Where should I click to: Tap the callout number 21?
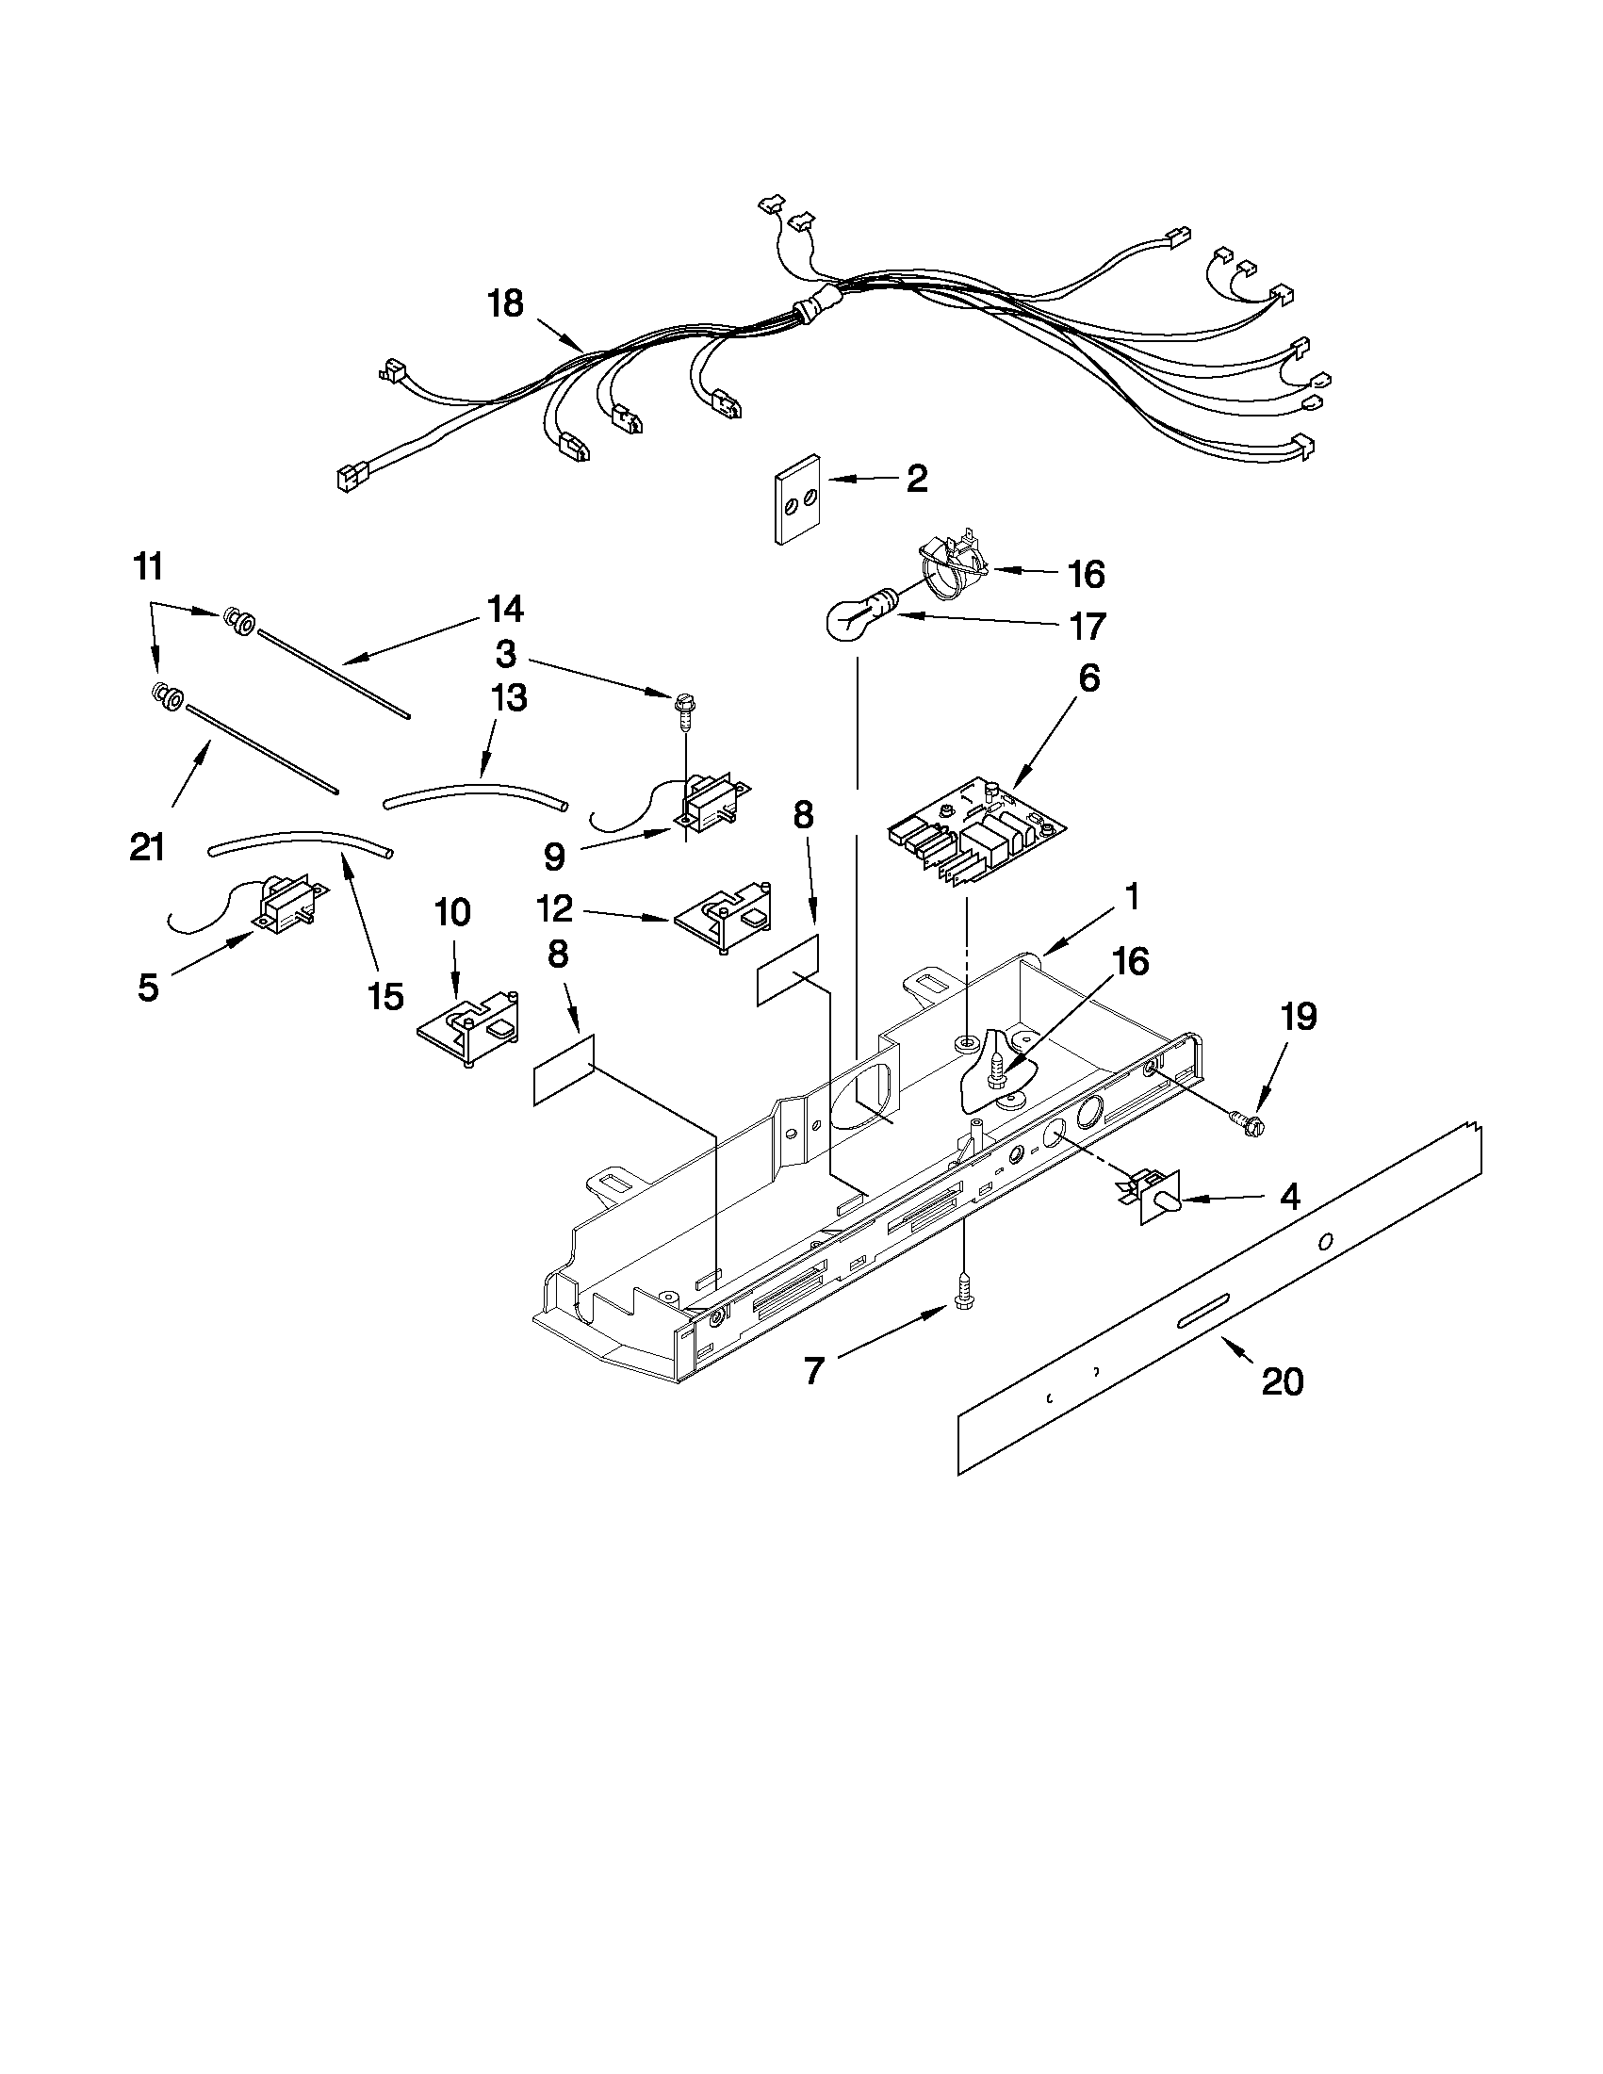[x=147, y=846]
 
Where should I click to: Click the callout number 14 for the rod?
[x=505, y=609]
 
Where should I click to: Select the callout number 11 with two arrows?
[x=148, y=568]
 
